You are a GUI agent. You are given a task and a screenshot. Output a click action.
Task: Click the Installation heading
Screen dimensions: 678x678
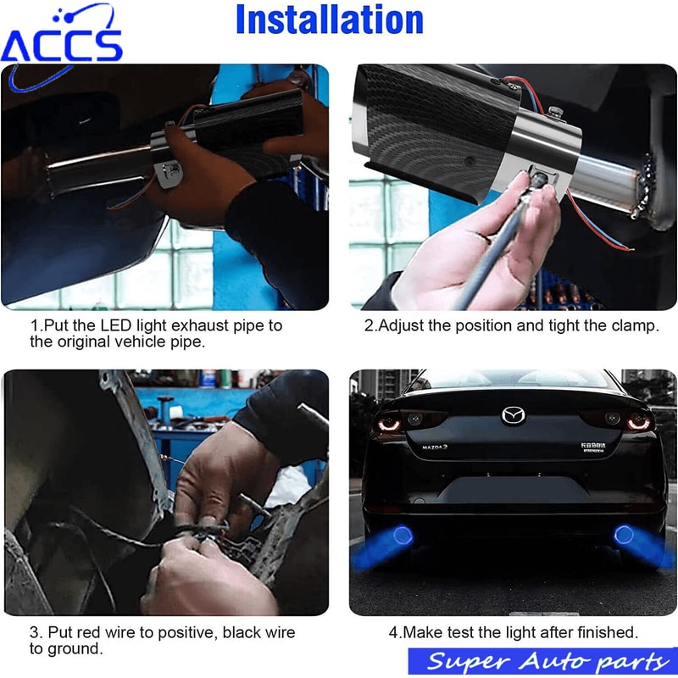[x=330, y=20]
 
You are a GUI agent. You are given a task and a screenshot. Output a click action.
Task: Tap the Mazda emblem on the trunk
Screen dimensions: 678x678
[x=514, y=414]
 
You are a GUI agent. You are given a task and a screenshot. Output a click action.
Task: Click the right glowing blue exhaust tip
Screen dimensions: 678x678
[x=628, y=535]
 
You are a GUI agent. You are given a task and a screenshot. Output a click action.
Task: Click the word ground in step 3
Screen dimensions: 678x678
[x=75, y=649]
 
